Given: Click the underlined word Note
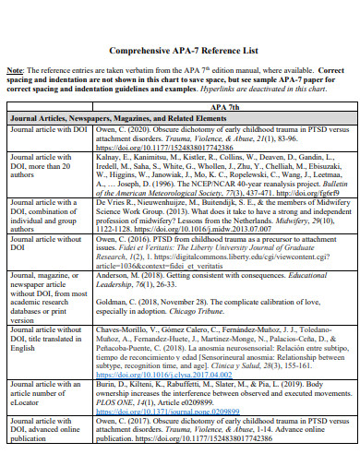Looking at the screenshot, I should [x=18, y=69].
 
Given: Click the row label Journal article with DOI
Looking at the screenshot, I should [x=48, y=130].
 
